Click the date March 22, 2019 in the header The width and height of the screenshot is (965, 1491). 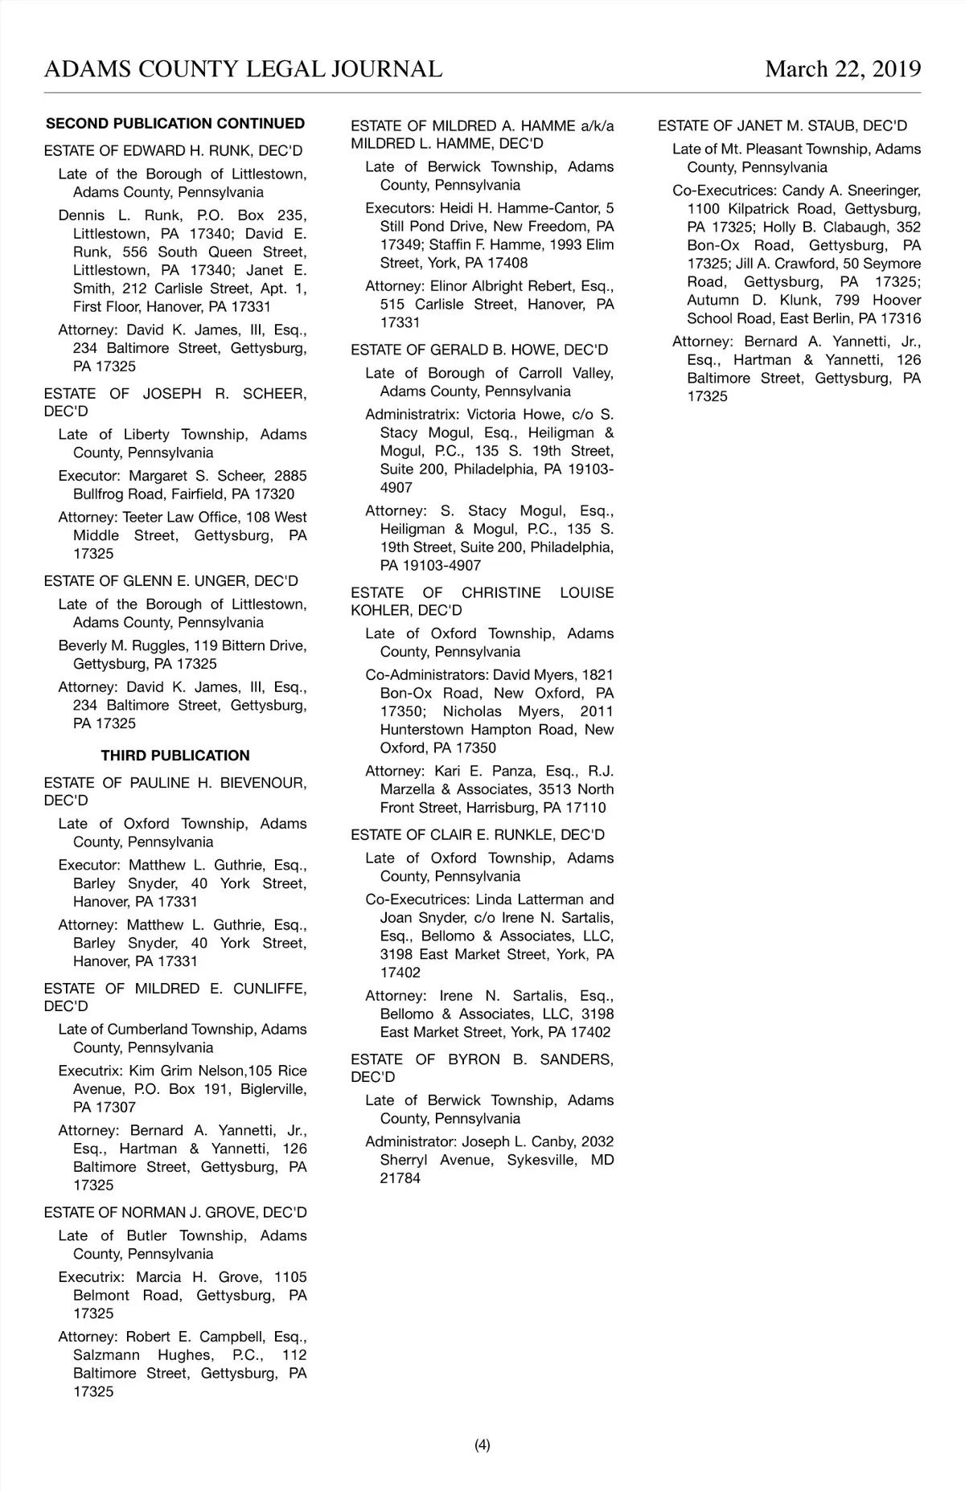click(x=843, y=69)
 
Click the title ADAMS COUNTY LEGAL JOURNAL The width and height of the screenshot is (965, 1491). click(x=243, y=69)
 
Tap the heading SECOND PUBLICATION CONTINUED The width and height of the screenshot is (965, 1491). click(x=175, y=124)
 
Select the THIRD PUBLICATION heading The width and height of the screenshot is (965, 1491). click(x=175, y=756)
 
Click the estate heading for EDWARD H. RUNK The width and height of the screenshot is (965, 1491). click(x=173, y=151)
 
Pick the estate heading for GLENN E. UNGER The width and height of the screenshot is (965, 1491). click(x=170, y=581)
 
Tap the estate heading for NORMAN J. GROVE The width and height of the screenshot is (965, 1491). click(x=175, y=1213)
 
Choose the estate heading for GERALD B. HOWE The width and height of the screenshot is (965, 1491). click(x=479, y=350)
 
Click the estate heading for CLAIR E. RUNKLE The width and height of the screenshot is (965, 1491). click(x=478, y=835)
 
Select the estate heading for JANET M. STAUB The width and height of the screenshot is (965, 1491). click(x=782, y=126)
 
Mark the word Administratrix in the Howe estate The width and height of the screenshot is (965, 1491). click(x=413, y=416)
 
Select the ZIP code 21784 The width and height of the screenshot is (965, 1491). click(x=400, y=1179)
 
